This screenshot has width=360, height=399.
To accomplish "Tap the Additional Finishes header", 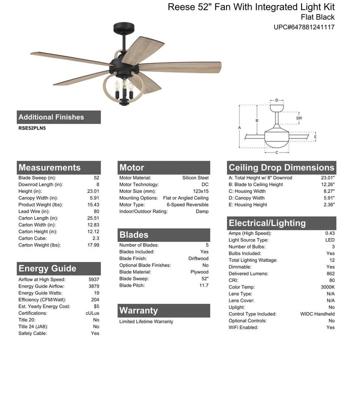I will pyautogui.click(x=51, y=117).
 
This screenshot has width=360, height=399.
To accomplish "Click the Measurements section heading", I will pyautogui.click(x=49, y=167).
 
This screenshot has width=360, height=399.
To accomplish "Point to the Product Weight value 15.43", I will pyautogui.click(x=93, y=204).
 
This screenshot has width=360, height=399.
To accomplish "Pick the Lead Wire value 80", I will pyautogui.click(x=96, y=211).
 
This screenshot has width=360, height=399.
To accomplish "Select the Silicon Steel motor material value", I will pyautogui.click(x=195, y=177).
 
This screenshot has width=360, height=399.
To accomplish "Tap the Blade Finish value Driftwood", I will pyautogui.click(x=198, y=258).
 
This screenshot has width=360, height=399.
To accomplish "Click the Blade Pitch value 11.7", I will pyautogui.click(x=204, y=285).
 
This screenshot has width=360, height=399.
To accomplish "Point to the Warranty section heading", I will pyautogui.click(x=138, y=310).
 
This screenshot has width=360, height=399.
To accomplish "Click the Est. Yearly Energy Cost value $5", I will pyautogui.click(x=96, y=306).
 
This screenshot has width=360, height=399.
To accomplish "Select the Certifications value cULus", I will pyautogui.click(x=92, y=313).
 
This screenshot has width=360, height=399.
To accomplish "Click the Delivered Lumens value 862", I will pyautogui.click(x=330, y=273).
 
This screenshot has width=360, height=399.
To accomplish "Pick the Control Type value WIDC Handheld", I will pyautogui.click(x=317, y=314).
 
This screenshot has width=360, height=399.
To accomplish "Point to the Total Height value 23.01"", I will pyautogui.click(x=327, y=177).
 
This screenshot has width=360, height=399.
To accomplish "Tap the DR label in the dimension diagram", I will pyautogui.click(x=299, y=118).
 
